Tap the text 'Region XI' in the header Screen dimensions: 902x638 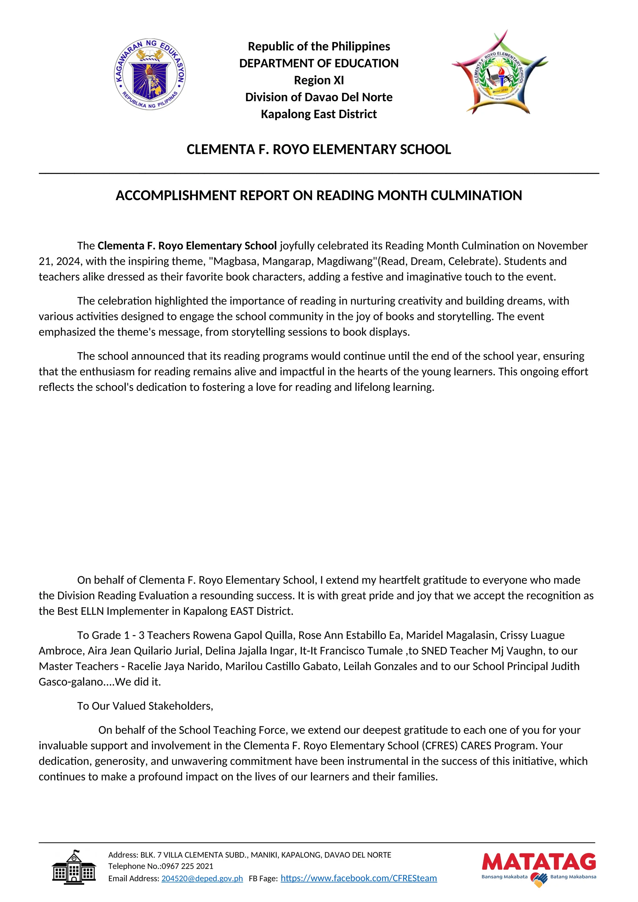[319, 80]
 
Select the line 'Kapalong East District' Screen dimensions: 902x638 [319, 114]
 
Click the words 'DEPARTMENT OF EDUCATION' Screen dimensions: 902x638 [319, 63]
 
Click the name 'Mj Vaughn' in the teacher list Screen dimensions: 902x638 [518, 651]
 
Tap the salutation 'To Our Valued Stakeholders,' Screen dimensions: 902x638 [145, 706]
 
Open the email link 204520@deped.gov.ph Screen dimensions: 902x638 [202, 878]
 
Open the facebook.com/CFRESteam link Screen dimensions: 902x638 [358, 878]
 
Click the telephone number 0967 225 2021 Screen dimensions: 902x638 [188, 866]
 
